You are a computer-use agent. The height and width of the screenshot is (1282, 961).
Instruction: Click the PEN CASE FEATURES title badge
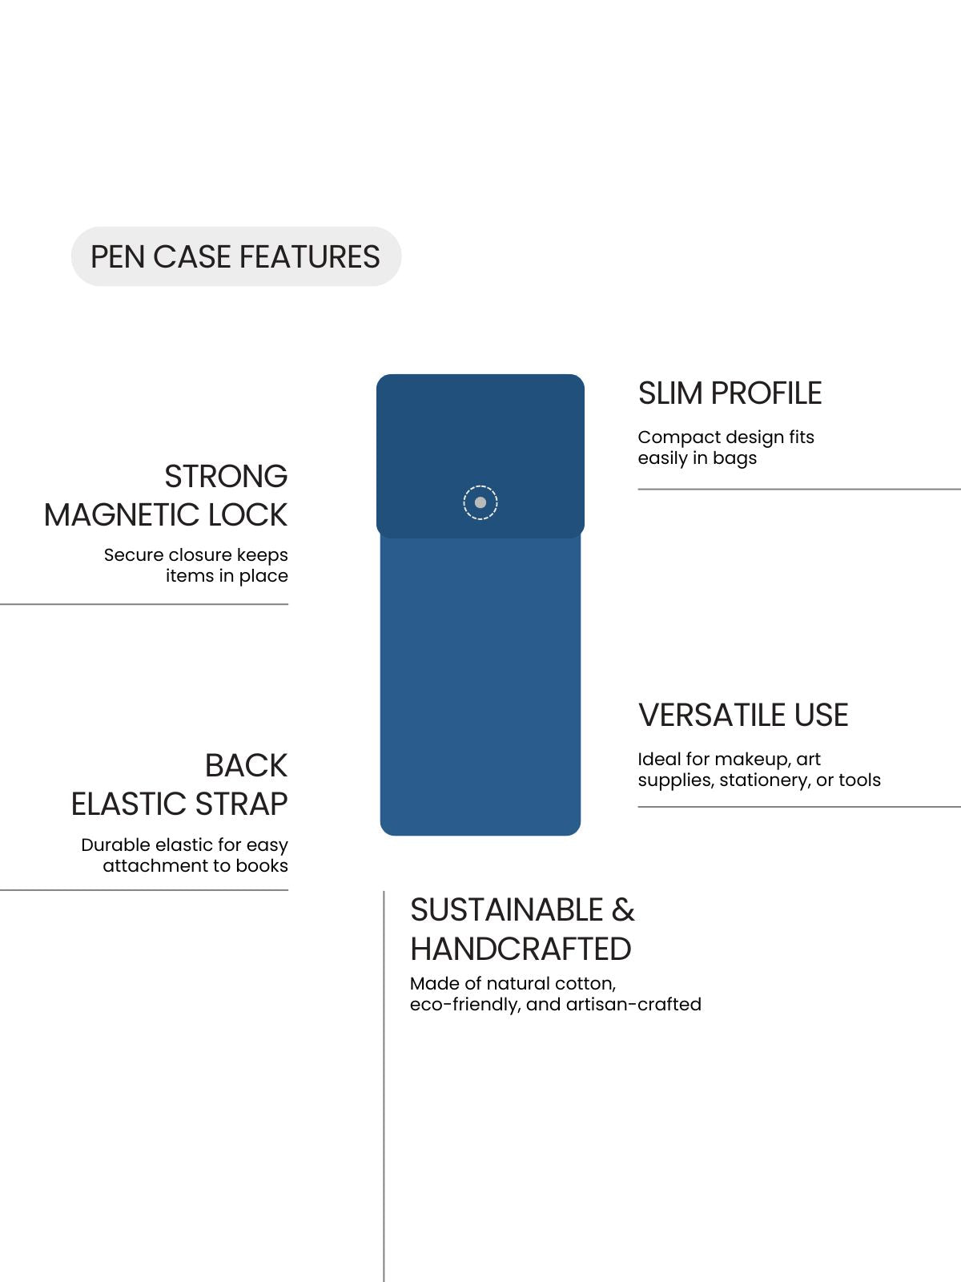click(235, 256)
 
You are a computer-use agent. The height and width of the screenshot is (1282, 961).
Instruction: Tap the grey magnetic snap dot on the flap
click(480, 502)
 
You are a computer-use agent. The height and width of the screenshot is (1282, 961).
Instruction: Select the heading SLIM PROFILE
click(730, 393)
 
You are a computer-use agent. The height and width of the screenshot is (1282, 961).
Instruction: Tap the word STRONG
click(226, 476)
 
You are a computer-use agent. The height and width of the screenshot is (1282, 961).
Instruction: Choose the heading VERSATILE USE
click(743, 715)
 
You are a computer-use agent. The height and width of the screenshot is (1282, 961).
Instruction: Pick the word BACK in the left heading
click(246, 765)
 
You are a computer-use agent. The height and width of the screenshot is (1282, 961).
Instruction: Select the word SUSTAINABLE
click(506, 910)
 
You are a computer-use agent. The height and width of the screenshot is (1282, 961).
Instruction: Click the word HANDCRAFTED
click(521, 949)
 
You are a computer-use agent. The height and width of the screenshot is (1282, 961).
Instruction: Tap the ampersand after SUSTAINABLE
click(623, 910)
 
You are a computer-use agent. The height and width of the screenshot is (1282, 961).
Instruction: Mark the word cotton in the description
click(585, 984)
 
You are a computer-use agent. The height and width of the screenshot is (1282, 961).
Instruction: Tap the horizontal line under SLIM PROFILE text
click(799, 489)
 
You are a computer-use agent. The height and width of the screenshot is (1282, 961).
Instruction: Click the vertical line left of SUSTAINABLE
click(384, 1086)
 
